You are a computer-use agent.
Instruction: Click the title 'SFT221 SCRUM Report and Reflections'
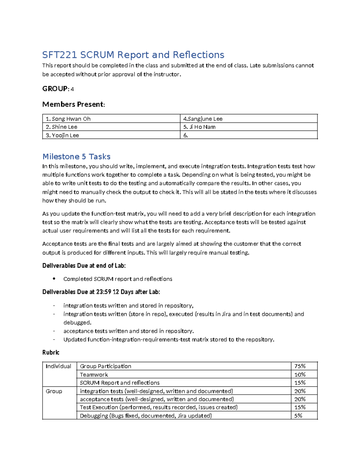(133, 55)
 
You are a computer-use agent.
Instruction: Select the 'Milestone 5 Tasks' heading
(76, 157)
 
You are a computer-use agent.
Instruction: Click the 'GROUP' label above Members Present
(55, 89)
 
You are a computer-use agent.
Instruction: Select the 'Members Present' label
(73, 104)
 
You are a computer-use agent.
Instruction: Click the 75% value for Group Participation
(300, 366)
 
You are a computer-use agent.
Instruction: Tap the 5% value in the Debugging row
(298, 416)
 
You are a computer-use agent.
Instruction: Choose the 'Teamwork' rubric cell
(94, 374)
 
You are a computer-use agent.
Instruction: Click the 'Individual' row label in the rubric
(58, 366)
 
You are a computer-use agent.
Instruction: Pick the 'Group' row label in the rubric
(54, 391)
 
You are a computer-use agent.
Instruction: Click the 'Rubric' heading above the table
(51, 352)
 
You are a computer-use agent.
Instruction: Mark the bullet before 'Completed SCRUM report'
(54, 279)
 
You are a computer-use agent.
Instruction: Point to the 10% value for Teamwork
(300, 374)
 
